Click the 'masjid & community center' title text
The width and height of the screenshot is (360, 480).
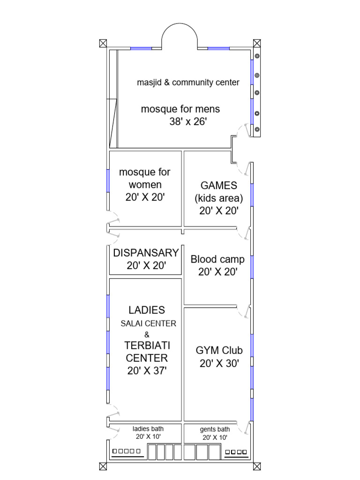188,82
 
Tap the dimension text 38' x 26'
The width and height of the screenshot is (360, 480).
188,121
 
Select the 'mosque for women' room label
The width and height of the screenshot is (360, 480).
145,178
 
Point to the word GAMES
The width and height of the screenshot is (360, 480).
219,186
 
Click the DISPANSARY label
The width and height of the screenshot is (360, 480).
146,253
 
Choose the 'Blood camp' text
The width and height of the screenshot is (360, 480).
217,260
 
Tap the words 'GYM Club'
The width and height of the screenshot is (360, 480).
219,351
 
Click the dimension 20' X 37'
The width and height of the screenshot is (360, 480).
147,371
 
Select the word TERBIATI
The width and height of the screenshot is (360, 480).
147,345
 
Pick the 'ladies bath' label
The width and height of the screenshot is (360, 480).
148,429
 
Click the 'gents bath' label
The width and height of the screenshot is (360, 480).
215,429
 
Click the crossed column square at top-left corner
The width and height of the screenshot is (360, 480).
103,43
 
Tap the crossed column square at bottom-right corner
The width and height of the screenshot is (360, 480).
257,466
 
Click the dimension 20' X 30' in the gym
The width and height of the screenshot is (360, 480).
219,364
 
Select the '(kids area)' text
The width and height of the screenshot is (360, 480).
219,198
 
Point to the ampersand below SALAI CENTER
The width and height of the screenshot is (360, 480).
147,335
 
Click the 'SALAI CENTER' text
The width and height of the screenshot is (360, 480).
149,323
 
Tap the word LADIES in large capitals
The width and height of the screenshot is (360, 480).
147,310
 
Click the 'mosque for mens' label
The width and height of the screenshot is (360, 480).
180,109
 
